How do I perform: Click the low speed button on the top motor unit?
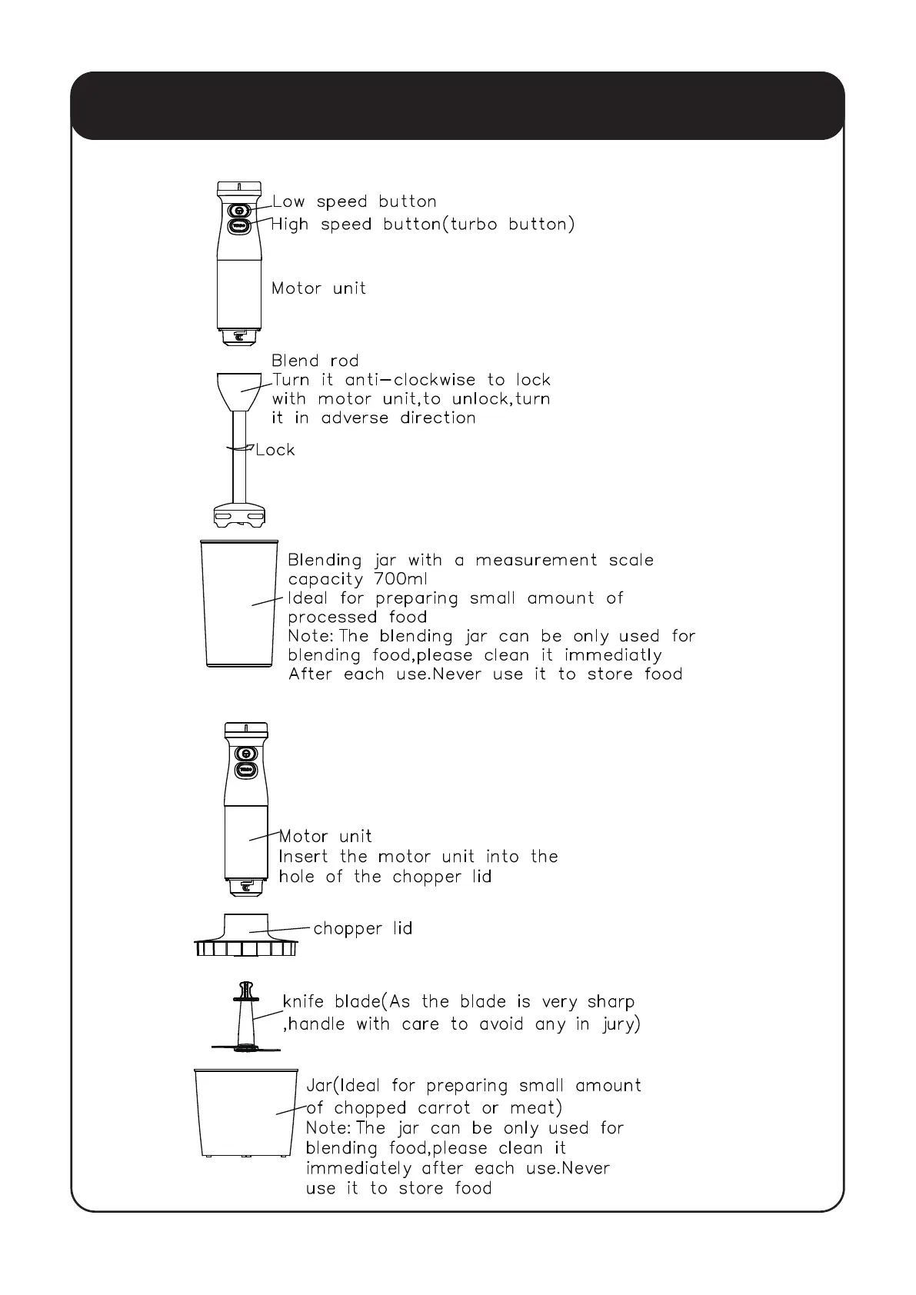(x=239, y=210)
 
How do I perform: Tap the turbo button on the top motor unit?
(x=239, y=226)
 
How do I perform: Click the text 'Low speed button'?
(x=355, y=201)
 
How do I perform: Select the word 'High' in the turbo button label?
(x=290, y=225)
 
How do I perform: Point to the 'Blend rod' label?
(x=315, y=361)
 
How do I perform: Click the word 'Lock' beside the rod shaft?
(x=275, y=450)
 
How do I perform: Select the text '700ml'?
(x=401, y=579)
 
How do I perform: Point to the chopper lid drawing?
(x=245, y=936)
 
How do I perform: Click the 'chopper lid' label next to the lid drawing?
(x=362, y=929)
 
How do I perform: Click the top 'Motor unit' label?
(x=318, y=288)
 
